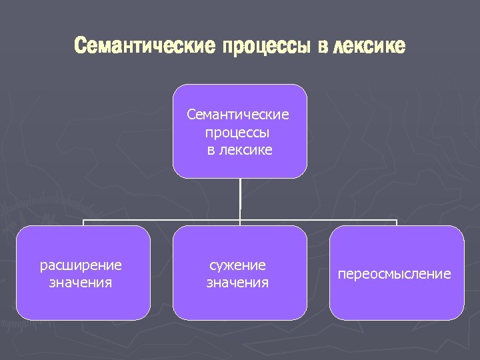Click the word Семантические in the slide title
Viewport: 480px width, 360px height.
coord(145,47)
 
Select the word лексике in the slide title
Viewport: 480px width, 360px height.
coord(368,47)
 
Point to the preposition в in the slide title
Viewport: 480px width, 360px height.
coord(323,47)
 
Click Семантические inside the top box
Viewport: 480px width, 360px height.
coord(238,115)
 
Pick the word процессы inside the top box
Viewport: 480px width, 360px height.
coord(239,132)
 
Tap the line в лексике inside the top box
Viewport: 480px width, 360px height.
coord(239,149)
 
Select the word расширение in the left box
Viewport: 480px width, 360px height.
coord(81,265)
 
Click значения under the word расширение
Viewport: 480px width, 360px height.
coord(81,283)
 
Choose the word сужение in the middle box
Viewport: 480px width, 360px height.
coord(237,265)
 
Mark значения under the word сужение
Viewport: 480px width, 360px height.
coord(237,283)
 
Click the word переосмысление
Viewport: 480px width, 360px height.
coord(395,274)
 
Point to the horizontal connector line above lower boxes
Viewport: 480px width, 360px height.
coord(160,219)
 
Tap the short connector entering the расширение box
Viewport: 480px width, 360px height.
coord(83,223)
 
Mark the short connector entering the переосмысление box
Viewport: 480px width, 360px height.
coord(397,223)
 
